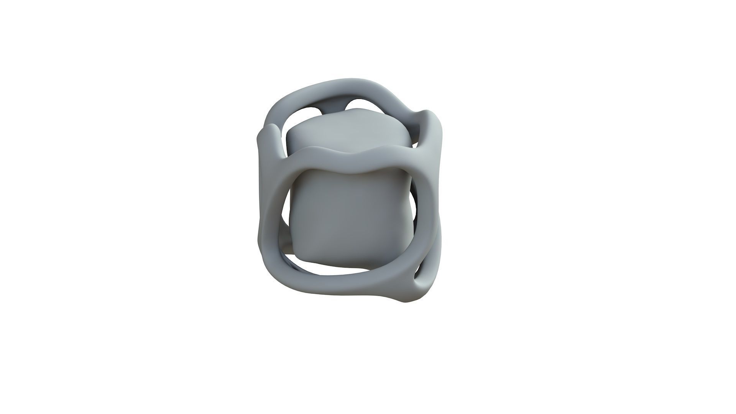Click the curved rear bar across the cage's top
[x=337, y=86]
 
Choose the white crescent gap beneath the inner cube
[x=326, y=270]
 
